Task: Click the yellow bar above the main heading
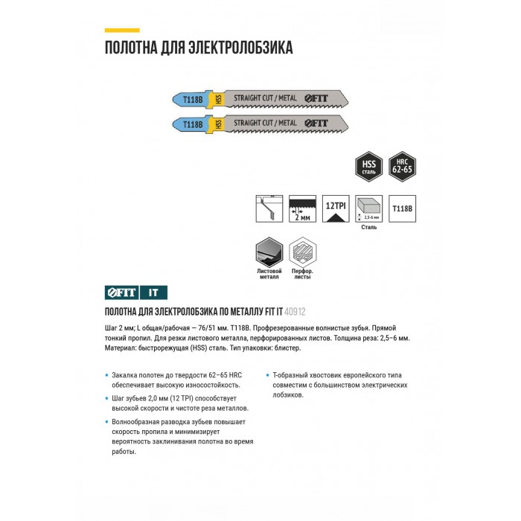(x=121, y=30)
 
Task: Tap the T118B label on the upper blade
(x=193, y=98)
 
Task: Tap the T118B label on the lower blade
(x=193, y=124)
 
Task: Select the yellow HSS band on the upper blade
(x=219, y=98)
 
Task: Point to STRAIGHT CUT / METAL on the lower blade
(x=266, y=123)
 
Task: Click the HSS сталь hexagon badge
(x=368, y=167)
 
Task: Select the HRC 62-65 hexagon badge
(x=402, y=167)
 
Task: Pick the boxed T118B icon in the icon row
(x=402, y=208)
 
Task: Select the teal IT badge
(x=153, y=293)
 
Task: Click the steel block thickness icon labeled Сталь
(x=368, y=208)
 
